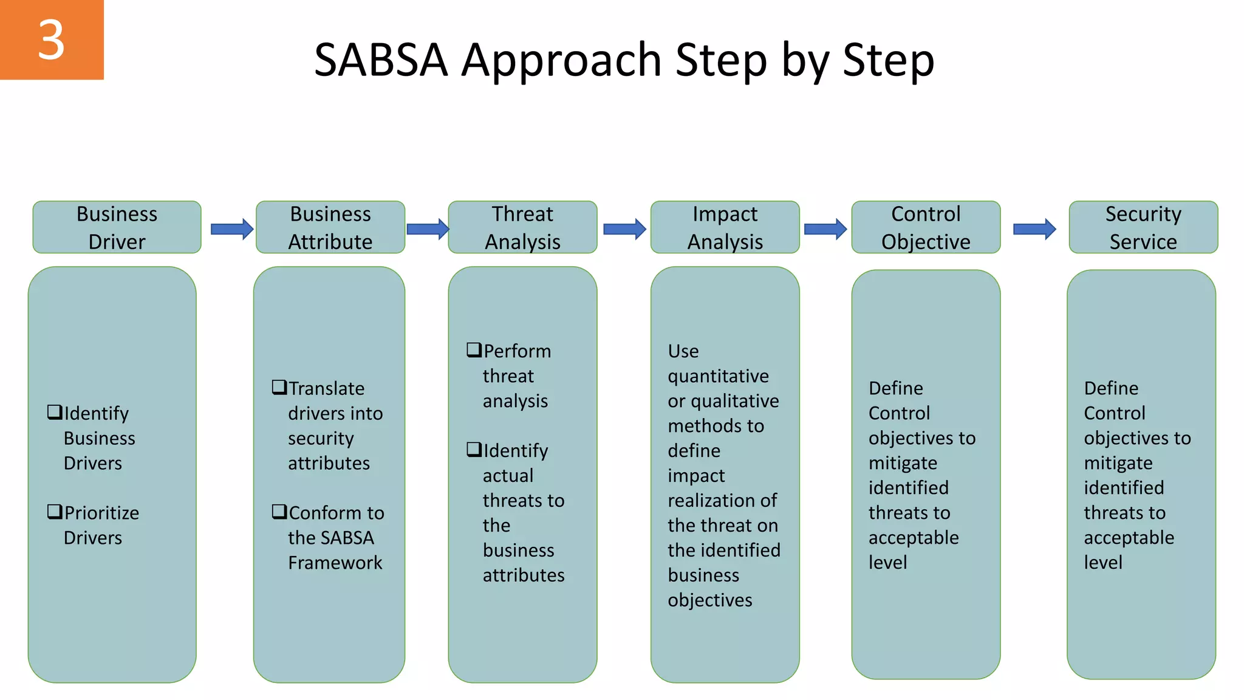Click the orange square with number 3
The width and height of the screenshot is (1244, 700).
(52, 39)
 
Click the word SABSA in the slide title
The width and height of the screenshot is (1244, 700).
(381, 60)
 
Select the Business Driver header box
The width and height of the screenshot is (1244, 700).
(117, 227)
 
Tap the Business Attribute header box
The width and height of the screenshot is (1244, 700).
(330, 227)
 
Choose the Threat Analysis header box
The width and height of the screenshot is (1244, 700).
(522, 227)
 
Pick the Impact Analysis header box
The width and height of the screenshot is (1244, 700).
(725, 227)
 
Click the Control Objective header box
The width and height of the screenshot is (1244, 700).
(926, 227)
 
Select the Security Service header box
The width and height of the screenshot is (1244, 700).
(1143, 227)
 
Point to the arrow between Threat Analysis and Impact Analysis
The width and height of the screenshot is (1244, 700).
(624, 229)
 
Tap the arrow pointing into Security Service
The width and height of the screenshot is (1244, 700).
(1034, 229)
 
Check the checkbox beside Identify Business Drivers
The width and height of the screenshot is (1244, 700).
(55, 413)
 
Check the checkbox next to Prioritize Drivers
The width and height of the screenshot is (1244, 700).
(55, 512)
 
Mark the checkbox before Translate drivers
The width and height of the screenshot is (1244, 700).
(279, 387)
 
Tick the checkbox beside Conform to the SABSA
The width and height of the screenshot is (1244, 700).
(279, 512)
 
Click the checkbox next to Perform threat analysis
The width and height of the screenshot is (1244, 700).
(474, 350)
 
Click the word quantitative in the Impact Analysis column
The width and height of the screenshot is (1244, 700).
(718, 377)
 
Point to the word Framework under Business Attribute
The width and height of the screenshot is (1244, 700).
(335, 563)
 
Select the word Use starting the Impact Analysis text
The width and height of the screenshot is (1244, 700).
(683, 351)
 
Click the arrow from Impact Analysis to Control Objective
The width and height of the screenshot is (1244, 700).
(825, 229)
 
